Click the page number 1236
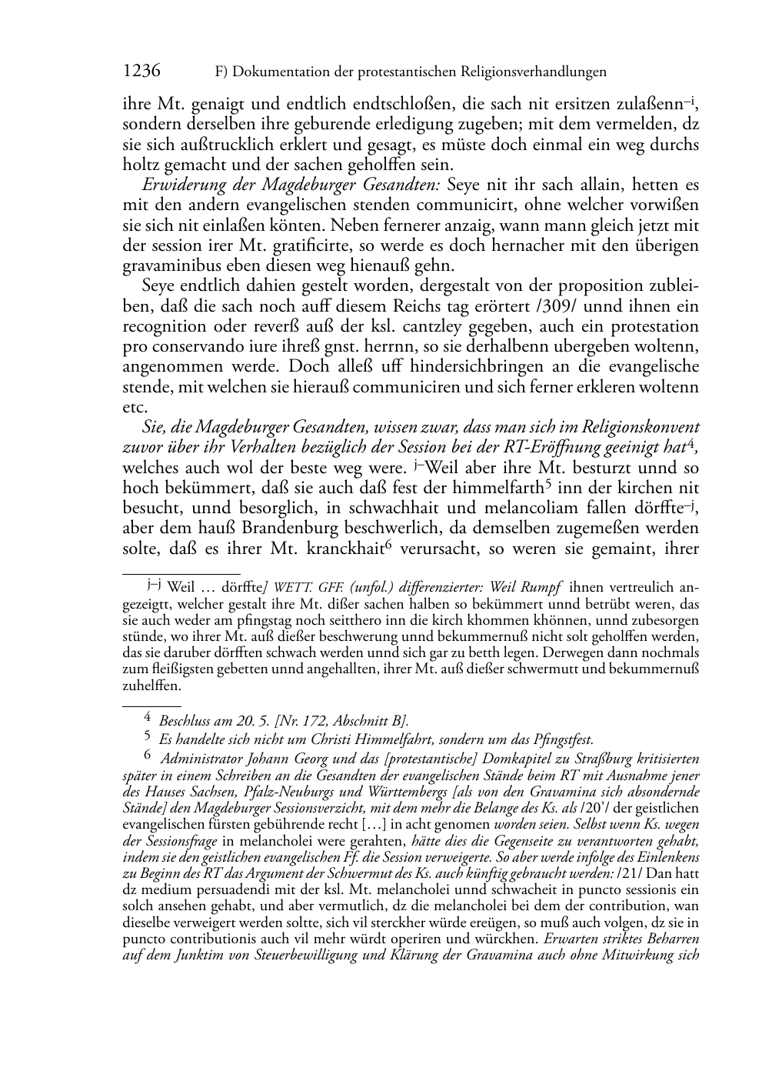point(141,72)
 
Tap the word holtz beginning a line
point(141,165)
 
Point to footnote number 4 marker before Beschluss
point(148,719)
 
